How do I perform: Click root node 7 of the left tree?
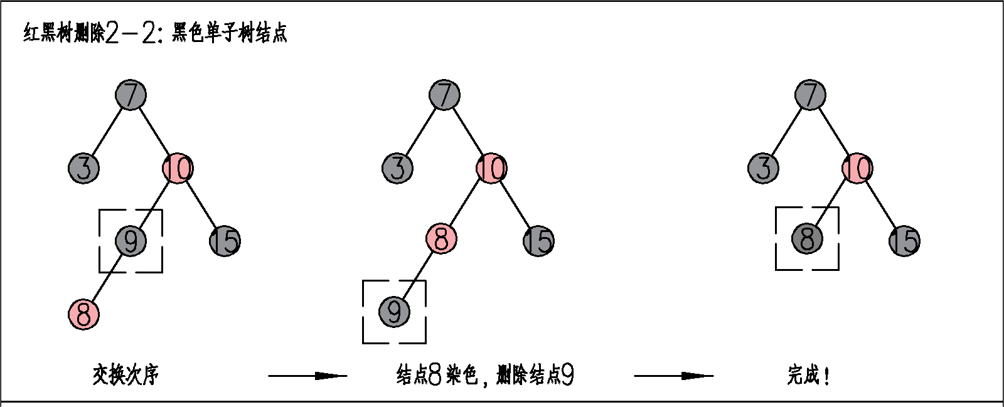tap(131, 95)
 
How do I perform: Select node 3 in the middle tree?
tap(397, 168)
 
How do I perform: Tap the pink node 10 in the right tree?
tap(857, 168)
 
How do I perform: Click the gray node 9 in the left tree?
tap(131, 241)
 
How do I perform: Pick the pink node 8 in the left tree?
tap(83, 314)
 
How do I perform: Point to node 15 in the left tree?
tap(225, 241)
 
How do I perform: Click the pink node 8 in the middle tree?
tap(441, 239)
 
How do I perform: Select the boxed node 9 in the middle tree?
tap(394, 312)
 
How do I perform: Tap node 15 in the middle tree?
tap(538, 241)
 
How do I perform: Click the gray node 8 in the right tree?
tap(807, 239)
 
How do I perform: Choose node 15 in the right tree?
tap(904, 241)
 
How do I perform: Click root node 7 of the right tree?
tap(810, 95)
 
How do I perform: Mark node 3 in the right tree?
tap(763, 168)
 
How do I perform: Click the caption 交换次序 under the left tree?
tap(125, 375)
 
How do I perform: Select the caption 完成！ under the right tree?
tap(809, 375)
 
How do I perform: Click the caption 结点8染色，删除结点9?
tap(485, 375)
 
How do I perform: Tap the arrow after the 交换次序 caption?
tap(307, 376)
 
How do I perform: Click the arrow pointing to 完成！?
tap(673, 376)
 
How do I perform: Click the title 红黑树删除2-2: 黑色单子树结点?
tap(156, 33)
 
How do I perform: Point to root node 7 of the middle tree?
tap(444, 95)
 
